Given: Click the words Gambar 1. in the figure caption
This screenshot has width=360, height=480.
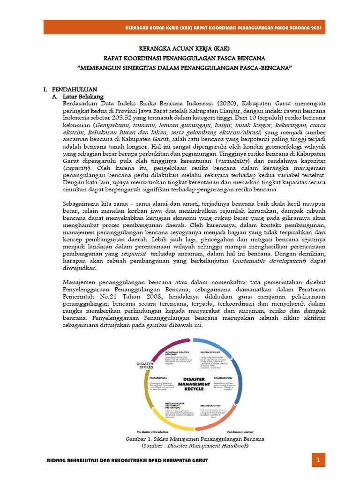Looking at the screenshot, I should pos(139,439).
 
